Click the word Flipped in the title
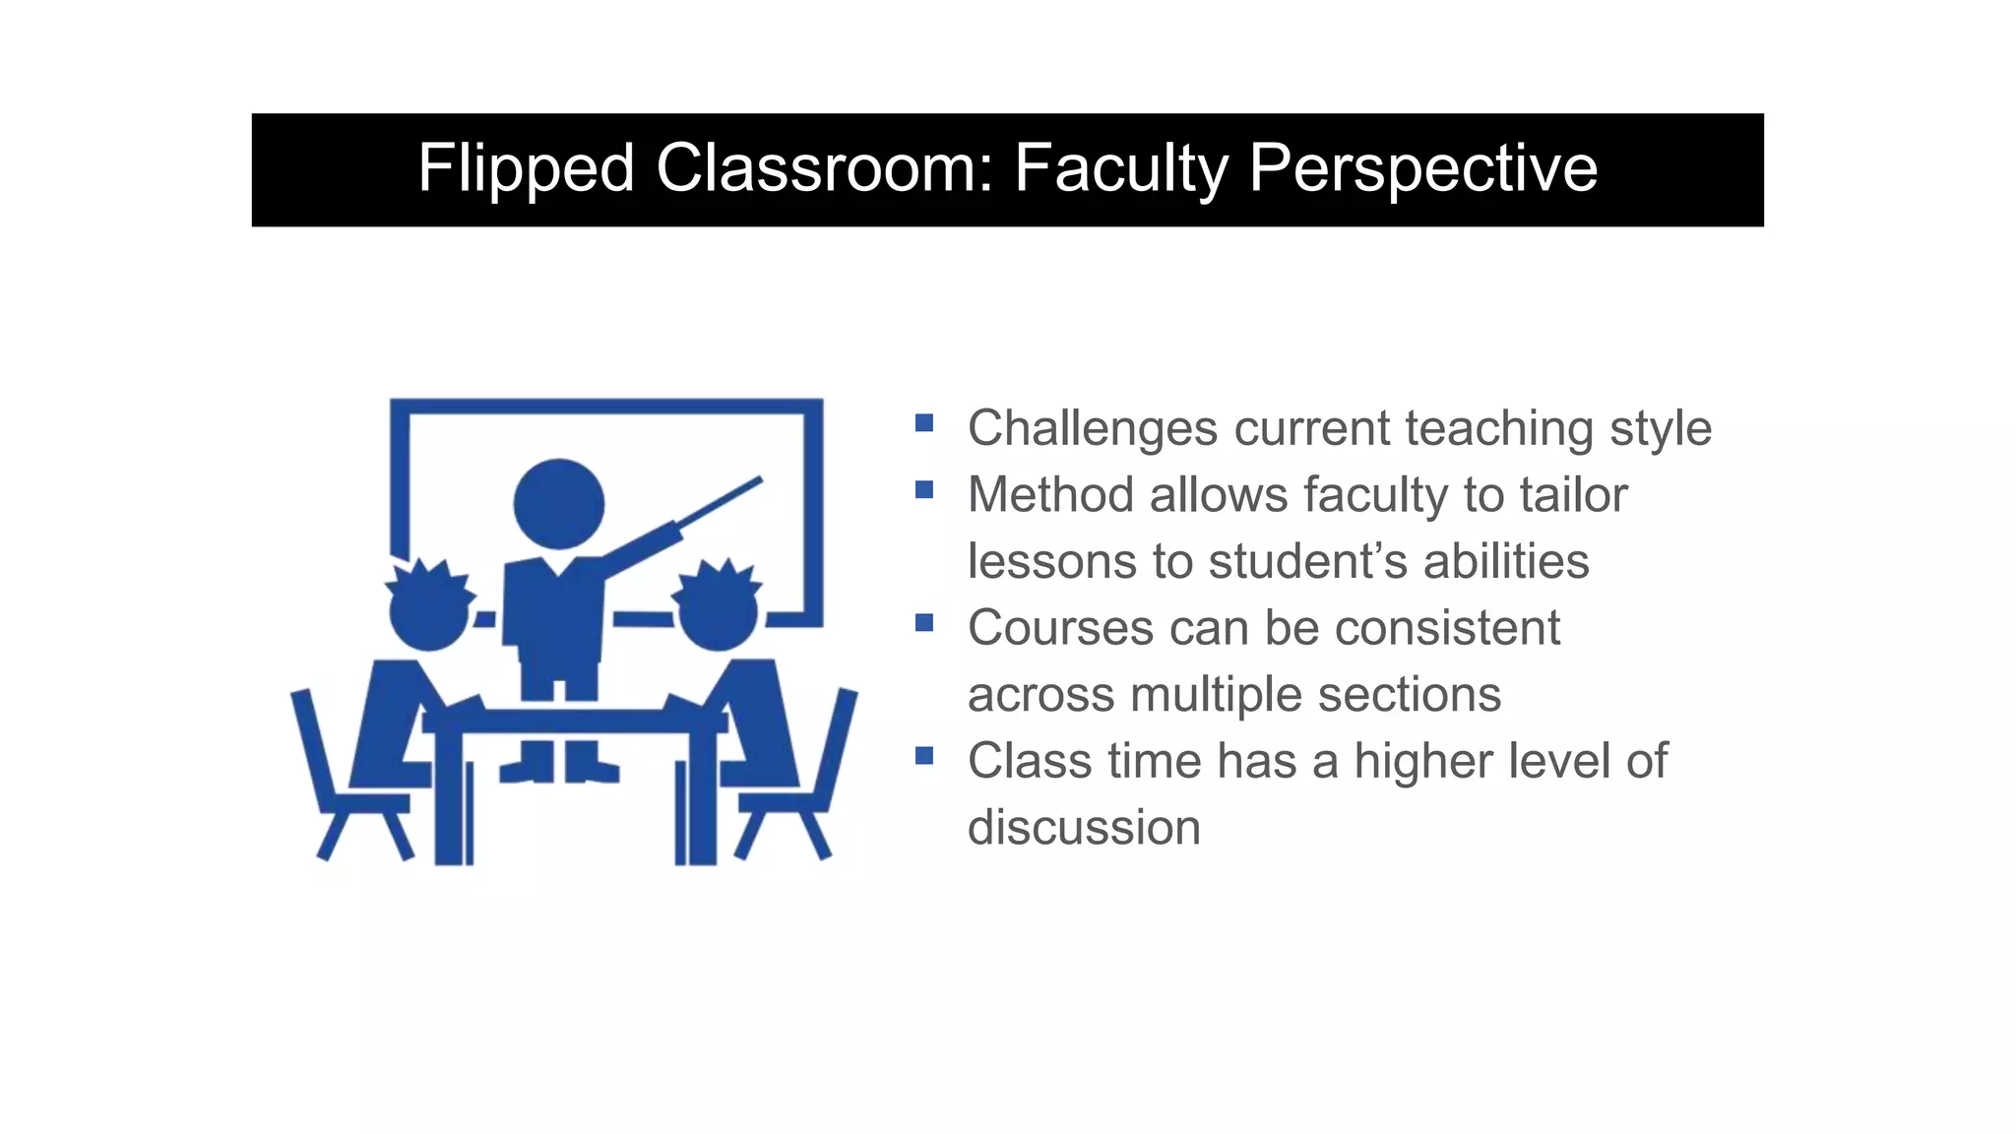click(526, 168)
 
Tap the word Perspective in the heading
click(1422, 168)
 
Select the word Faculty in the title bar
click(1120, 168)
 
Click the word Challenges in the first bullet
click(1093, 429)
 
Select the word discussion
click(1084, 827)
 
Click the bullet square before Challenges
click(923, 423)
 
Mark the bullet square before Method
click(923, 489)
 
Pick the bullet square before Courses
click(923, 622)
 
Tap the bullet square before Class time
click(923, 755)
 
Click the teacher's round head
click(558, 504)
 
